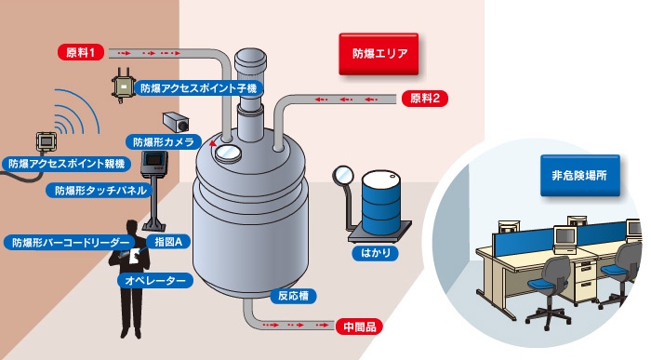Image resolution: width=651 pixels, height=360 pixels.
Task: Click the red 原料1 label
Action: (x=81, y=53)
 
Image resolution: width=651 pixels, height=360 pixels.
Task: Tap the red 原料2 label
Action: (x=425, y=99)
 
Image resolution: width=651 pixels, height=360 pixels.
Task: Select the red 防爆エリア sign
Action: (x=379, y=54)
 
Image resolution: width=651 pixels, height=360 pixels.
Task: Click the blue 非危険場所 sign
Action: (x=580, y=175)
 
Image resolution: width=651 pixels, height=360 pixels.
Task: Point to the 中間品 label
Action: (x=359, y=327)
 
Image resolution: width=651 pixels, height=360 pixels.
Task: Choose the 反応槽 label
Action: (x=293, y=296)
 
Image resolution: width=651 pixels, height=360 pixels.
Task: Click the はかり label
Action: (x=376, y=253)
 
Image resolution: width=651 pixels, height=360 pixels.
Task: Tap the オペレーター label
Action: (x=155, y=281)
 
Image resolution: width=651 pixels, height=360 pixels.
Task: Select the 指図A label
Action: (x=168, y=241)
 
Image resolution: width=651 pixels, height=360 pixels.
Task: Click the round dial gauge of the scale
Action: (x=343, y=175)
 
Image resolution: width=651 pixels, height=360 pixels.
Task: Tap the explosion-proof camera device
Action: (x=176, y=122)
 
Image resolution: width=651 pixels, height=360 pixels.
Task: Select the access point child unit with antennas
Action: (x=123, y=86)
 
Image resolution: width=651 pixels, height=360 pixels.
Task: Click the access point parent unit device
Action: (x=46, y=141)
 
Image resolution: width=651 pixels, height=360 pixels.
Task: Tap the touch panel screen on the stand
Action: (x=153, y=159)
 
